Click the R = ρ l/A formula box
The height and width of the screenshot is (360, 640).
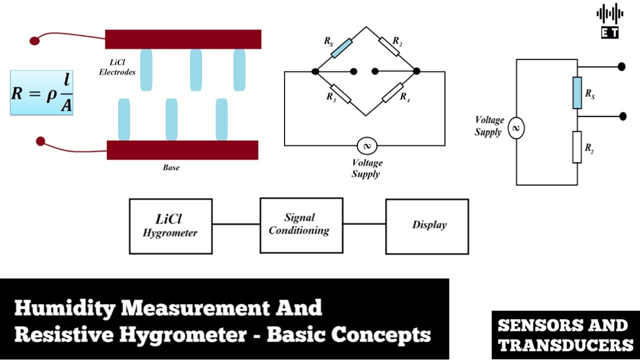(41, 92)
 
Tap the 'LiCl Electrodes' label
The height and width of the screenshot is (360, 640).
(117, 67)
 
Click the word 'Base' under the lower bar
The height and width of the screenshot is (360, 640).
(171, 167)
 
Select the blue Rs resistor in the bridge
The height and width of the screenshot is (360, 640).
(341, 48)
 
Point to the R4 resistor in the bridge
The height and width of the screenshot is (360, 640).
(393, 92)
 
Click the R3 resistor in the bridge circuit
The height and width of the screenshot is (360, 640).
(340, 93)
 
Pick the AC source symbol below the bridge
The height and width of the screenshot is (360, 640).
(367, 145)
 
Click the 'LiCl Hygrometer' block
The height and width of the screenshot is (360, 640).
(171, 226)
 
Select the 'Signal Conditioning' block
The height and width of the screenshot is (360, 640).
(301, 225)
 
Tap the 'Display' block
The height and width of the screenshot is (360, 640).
(427, 226)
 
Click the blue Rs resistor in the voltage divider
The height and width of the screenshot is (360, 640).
(577, 92)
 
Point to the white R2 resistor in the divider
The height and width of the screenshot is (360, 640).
(577, 147)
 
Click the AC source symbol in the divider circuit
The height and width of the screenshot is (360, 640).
(516, 128)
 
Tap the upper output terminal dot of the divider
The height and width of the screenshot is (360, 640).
(621, 67)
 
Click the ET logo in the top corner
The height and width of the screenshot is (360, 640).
(610, 21)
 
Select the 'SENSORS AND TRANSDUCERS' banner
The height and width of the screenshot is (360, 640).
(565, 335)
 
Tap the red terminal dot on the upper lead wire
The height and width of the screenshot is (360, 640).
(34, 40)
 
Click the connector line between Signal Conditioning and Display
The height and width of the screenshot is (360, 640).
(364, 224)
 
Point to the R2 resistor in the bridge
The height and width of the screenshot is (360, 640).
(389, 46)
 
